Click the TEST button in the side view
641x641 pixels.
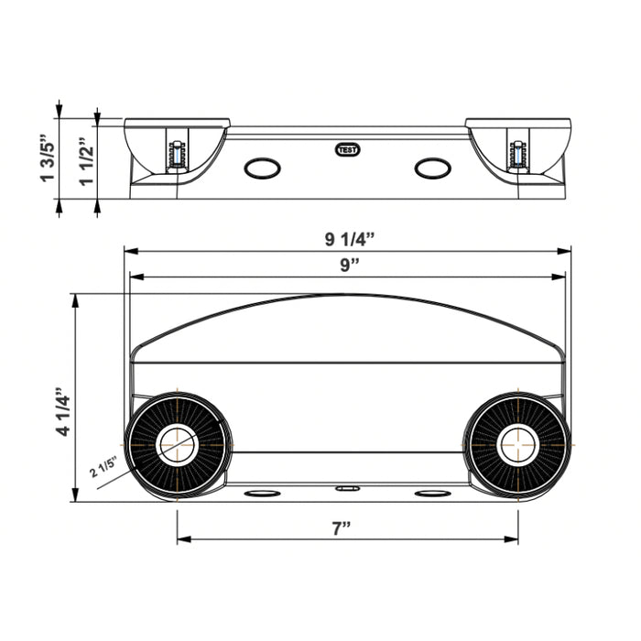pyautogui.click(x=347, y=150)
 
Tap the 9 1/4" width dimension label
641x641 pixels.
pyautogui.click(x=350, y=239)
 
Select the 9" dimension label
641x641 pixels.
pyautogui.click(x=350, y=265)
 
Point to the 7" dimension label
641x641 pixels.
pyautogui.click(x=342, y=528)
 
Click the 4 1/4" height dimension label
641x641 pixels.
pyautogui.click(x=64, y=411)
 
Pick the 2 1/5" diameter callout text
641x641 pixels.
pyautogui.click(x=103, y=467)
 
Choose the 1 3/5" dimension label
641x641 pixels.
pyautogui.click(x=47, y=158)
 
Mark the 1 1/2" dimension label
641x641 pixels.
pyautogui.click(x=87, y=162)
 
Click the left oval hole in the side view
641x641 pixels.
pyautogui.click(x=262, y=168)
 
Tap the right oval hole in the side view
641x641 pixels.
pyautogui.click(x=433, y=168)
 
